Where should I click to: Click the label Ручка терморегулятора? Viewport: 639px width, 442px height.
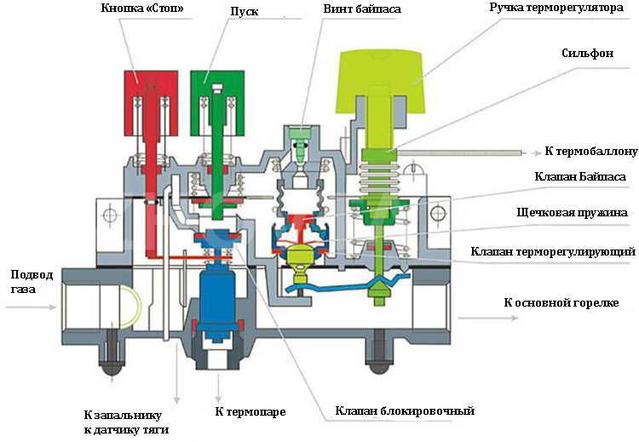tap(561, 8)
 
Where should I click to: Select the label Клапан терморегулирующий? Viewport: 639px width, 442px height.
tap(555, 252)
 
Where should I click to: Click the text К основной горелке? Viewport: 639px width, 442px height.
tap(561, 303)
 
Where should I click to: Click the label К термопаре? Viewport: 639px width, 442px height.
tap(246, 411)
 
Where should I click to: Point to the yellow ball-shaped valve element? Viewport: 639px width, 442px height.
tap(302, 255)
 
